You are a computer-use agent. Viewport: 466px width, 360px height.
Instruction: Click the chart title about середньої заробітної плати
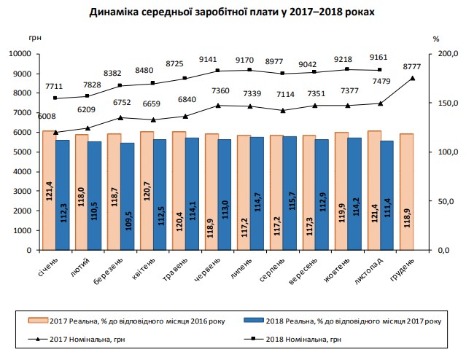pyautogui.click(x=233, y=12)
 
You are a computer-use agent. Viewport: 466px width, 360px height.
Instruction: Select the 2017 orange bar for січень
pyautogui.click(x=48, y=189)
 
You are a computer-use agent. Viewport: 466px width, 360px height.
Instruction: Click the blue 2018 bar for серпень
pyautogui.click(x=290, y=192)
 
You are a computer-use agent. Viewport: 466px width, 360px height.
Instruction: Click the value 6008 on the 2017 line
pyautogui.click(x=47, y=116)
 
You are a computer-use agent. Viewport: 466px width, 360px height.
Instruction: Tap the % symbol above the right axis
pyautogui.click(x=435, y=37)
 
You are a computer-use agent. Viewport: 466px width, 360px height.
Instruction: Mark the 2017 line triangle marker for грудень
pyautogui.click(x=413, y=78)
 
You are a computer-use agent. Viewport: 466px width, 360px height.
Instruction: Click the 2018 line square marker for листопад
pyautogui.click(x=380, y=70)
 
